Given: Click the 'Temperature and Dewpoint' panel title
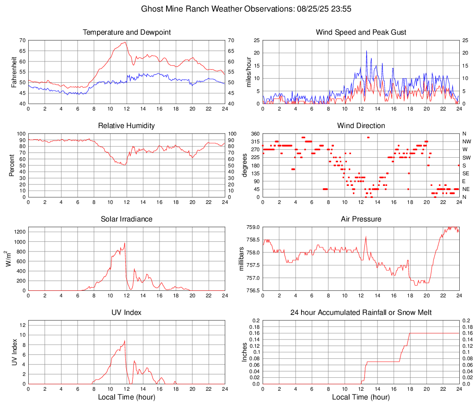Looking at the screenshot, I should tap(127, 32).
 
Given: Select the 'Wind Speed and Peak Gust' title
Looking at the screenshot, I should tap(361, 32).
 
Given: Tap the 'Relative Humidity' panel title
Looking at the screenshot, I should tap(127, 126).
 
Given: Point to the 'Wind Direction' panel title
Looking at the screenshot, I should tap(361, 126).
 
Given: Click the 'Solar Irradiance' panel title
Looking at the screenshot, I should tap(127, 219).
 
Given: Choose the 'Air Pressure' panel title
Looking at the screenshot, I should tap(361, 219).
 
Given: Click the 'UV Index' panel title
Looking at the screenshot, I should tap(127, 313).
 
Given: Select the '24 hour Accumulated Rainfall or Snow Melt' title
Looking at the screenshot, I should tap(361, 313).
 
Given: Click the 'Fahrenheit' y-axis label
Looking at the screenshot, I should tap(13, 72).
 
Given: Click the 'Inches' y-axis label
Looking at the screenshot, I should tap(244, 352).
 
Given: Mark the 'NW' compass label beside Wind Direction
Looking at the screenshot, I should tap(466, 141).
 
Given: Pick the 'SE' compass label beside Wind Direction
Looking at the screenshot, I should tap(466, 173).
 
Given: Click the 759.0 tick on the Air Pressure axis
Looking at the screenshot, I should tap(252, 227).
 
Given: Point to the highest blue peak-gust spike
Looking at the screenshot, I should tap(366, 51).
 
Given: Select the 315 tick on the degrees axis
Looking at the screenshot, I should tap(255, 141).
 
